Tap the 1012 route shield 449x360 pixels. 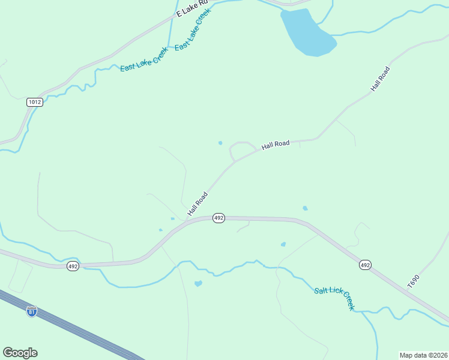[x=35, y=102]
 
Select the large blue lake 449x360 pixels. [x=306, y=33]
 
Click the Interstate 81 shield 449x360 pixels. [x=32, y=311]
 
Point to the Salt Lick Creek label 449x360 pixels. [x=334, y=298]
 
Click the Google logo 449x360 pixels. [x=20, y=353]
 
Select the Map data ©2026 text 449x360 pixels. [x=423, y=355]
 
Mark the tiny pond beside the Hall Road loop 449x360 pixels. [x=220, y=143]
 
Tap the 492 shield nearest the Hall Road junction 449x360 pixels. [x=218, y=218]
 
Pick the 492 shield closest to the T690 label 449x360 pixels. [x=365, y=265]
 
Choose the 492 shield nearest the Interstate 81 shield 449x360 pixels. [x=73, y=266]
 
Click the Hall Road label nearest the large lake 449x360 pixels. [x=380, y=79]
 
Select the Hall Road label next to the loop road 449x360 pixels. [x=276, y=145]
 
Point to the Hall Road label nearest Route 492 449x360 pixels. [x=197, y=203]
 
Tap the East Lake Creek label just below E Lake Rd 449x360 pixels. [x=193, y=29]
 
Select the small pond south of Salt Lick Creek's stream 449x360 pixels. [x=198, y=283]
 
